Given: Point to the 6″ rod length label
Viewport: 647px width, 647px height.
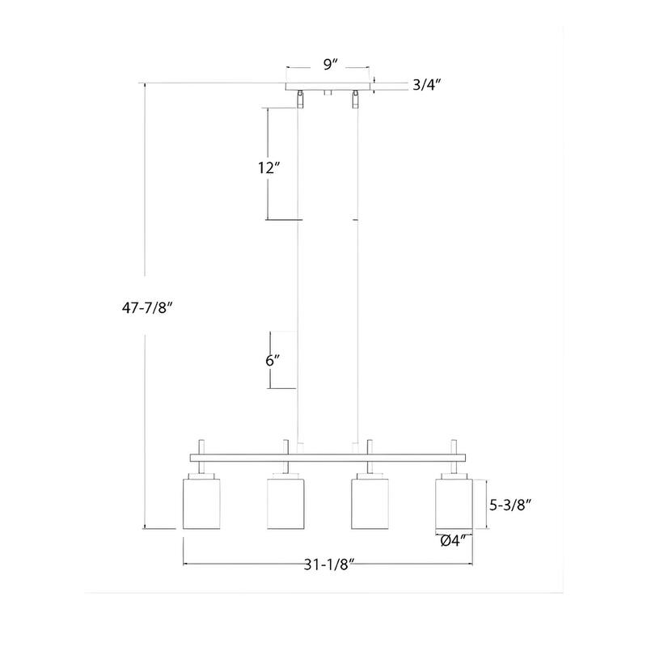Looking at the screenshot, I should click(x=271, y=361).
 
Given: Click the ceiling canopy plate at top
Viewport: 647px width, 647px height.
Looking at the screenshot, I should click(x=329, y=85).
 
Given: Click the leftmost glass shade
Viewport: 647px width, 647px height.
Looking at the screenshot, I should click(x=201, y=504).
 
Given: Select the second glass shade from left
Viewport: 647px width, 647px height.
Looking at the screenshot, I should click(x=285, y=504).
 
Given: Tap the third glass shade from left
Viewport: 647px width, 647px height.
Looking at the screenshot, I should click(x=370, y=504).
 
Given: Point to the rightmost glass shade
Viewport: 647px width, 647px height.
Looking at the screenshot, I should click(x=453, y=504).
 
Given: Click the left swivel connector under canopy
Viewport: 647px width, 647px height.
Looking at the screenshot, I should click(x=302, y=99).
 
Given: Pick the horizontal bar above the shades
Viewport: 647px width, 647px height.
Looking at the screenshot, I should click(x=328, y=459).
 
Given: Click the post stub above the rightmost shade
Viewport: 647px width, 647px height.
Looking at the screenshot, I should click(x=454, y=446).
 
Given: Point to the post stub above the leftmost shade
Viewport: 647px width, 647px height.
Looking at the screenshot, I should click(x=201, y=446).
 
